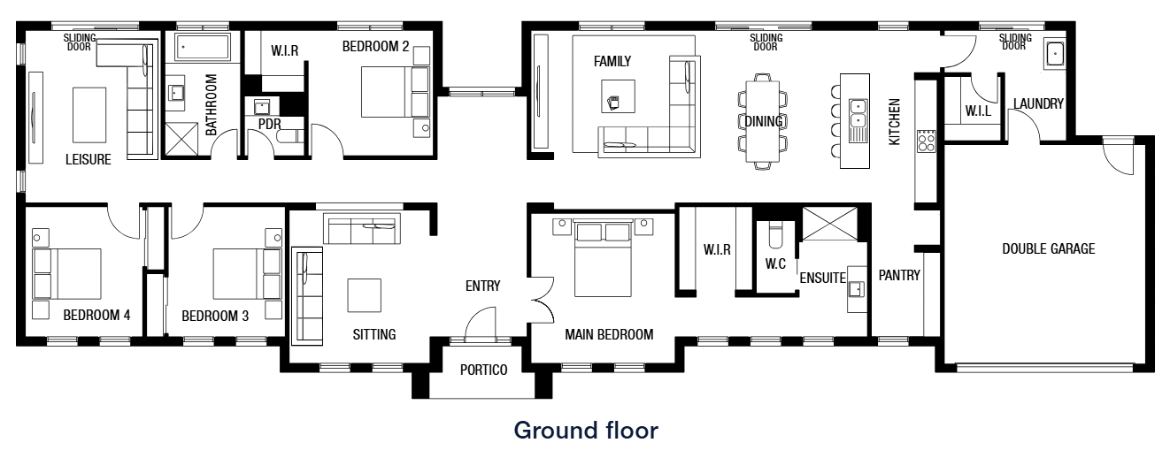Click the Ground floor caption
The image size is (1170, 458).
coord(586,431)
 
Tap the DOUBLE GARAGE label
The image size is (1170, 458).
coord(1048,248)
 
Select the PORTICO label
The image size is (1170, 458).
coord(484,370)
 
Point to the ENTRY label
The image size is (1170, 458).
coord(482,286)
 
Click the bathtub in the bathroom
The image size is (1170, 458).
coord(202,47)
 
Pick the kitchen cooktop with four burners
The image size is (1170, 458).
coord(926,141)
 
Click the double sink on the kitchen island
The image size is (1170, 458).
coord(858,114)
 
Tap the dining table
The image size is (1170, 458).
coord(763,121)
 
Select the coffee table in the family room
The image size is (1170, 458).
coord(618,96)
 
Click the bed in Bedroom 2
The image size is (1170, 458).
coord(395,92)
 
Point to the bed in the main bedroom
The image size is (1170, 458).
coord(603,258)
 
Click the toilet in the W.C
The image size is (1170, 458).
coord(775,234)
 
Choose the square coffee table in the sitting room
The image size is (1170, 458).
coord(364,296)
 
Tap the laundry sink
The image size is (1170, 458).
coord(1055,53)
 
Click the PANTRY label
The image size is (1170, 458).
coord(899,276)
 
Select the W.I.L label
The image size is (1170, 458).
coord(978,111)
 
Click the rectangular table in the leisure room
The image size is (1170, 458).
coord(89,115)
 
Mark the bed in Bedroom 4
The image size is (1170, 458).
coord(67,274)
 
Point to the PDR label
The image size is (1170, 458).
coord(270,124)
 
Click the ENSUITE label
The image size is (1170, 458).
coord(823,278)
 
